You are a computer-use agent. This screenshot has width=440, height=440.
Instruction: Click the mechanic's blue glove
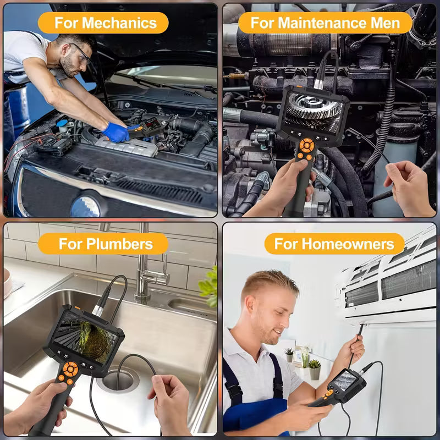(x=117, y=132)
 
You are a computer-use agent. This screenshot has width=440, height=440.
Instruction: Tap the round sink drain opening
(x=119, y=380)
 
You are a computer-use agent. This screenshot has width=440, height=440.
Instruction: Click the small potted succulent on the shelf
(x=315, y=367)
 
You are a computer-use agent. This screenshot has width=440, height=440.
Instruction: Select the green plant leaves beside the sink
(x=209, y=286)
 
